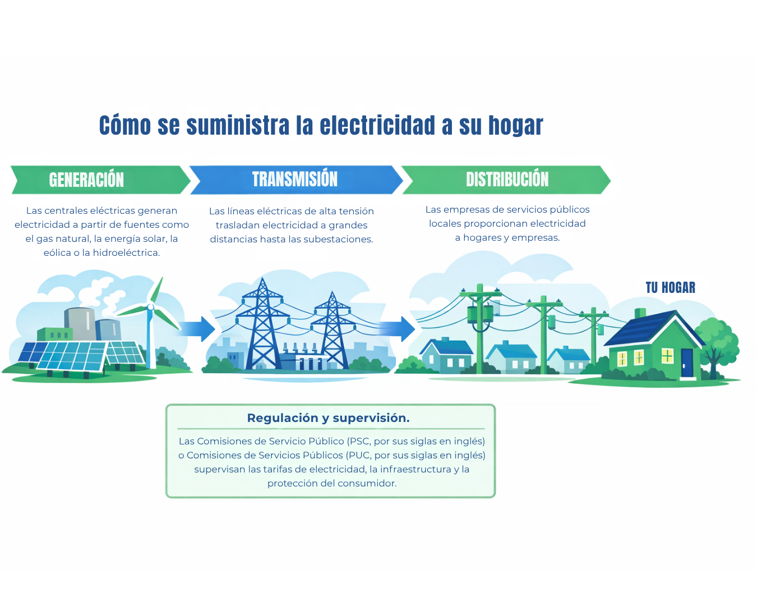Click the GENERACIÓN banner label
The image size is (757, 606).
click(86, 180)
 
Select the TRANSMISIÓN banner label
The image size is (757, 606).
click(294, 179)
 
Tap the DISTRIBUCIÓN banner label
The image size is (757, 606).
click(507, 179)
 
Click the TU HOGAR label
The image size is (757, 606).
click(670, 288)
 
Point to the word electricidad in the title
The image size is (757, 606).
click(377, 125)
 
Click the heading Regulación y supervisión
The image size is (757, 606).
click(328, 418)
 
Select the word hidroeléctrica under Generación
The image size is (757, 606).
click(126, 252)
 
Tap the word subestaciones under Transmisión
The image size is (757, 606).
click(338, 239)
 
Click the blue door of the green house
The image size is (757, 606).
click(687, 362)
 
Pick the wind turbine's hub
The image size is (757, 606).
click(150, 307)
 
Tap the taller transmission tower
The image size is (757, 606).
click(262, 325)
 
